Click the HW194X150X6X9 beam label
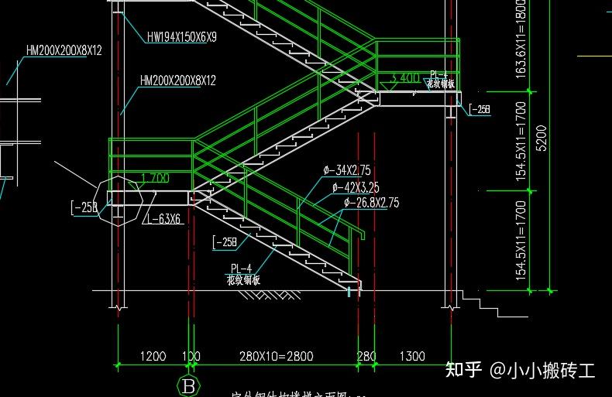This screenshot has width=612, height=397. pyautogui.click(x=181, y=36)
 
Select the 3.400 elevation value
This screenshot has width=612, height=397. pyautogui.click(x=405, y=78)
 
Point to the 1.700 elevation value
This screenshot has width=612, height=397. pyautogui.click(x=155, y=179)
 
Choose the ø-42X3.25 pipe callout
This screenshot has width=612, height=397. pyautogui.click(x=355, y=187)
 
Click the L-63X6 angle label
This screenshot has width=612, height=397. pyautogui.click(x=163, y=219)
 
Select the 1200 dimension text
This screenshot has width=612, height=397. pyautogui.click(x=153, y=356)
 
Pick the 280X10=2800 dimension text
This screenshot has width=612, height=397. pyautogui.click(x=277, y=356)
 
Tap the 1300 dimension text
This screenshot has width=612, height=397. pyautogui.click(x=411, y=356)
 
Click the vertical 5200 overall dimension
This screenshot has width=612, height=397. pyautogui.click(x=542, y=137)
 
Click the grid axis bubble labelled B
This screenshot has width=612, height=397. pyautogui.click(x=187, y=385)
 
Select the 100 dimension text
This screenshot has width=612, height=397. pyautogui.click(x=191, y=356)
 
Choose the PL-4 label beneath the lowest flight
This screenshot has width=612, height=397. pyautogui.click(x=241, y=269)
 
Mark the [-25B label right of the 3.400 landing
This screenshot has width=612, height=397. pyautogui.click(x=480, y=110)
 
